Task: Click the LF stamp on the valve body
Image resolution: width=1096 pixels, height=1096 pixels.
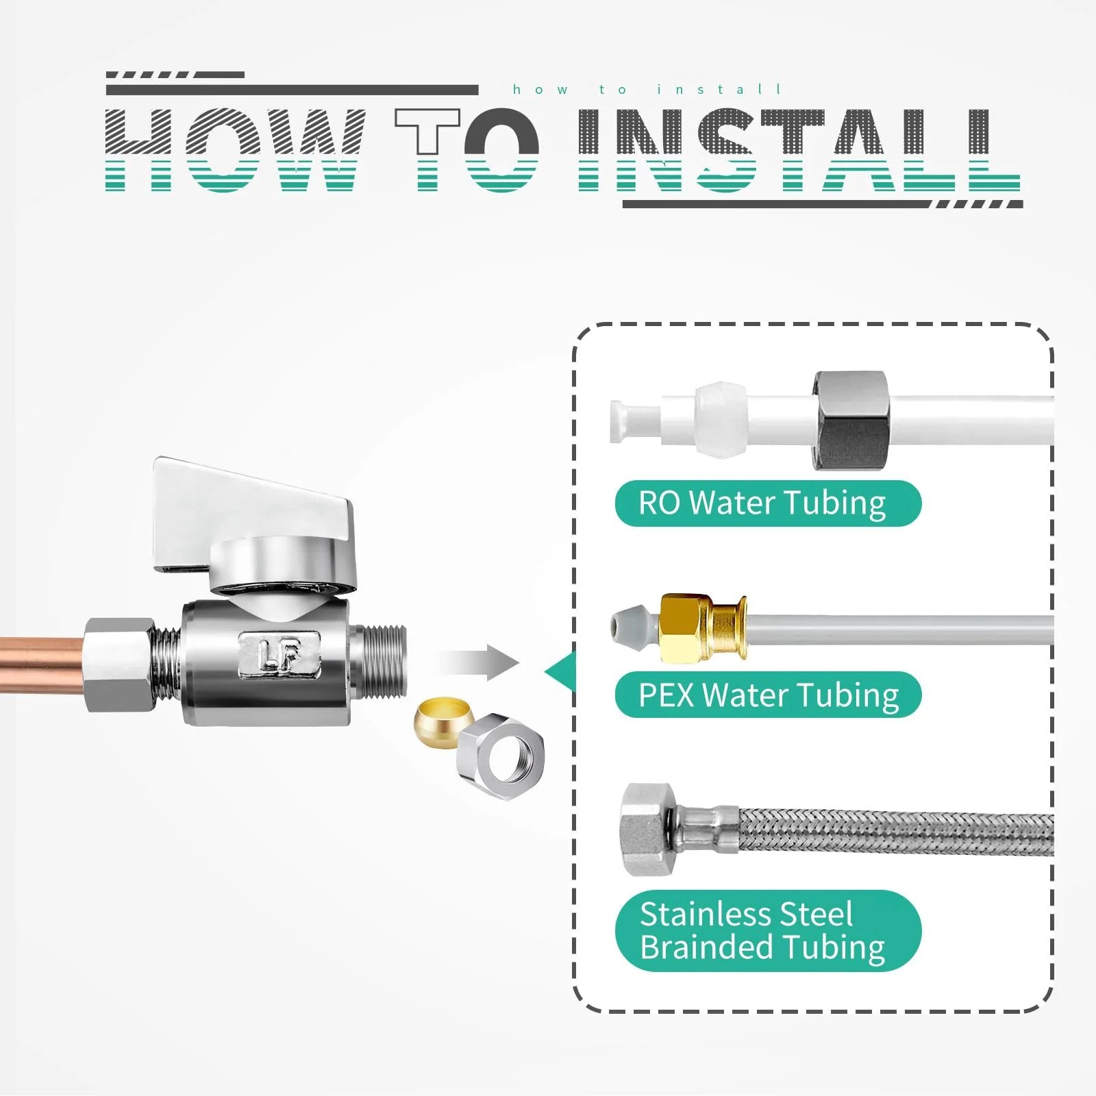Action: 279,655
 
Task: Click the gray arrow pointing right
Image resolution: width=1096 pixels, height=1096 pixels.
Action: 478,662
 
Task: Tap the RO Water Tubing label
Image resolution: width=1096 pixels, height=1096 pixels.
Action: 768,503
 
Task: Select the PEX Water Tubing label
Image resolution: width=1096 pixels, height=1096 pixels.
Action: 768,695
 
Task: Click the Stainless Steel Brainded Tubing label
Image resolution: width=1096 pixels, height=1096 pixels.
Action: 768,930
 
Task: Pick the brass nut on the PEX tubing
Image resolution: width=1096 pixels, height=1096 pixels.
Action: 702,628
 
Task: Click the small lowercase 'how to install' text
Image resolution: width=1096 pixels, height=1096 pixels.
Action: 647,90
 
